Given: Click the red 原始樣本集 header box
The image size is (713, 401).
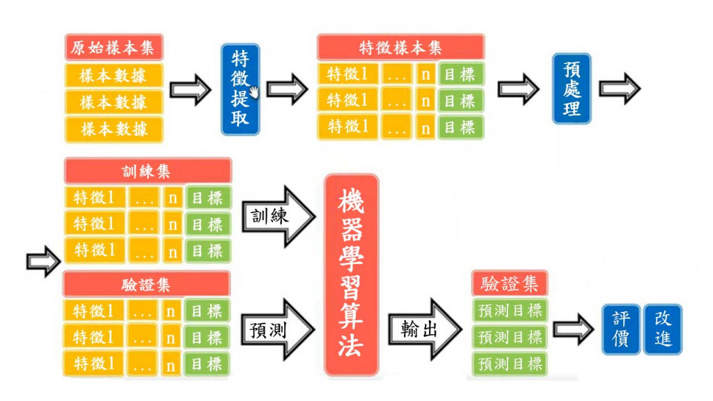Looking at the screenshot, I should coord(114,48).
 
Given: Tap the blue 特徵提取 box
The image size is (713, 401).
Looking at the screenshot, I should coord(240,89).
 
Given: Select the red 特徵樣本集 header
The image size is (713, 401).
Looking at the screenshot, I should coord(400,47).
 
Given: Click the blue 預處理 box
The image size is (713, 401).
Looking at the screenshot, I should coord(572,88).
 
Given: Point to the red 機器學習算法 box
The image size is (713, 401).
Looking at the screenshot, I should coord(351,276).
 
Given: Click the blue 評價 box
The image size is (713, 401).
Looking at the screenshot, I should coord(620,329).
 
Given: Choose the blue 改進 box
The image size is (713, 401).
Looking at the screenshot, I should coord(662,329).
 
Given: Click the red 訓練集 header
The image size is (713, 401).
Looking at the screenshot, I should coord(147,171).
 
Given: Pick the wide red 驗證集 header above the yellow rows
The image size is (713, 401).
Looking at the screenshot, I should coord(147,285).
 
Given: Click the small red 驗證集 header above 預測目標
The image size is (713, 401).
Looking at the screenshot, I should coord(509,283).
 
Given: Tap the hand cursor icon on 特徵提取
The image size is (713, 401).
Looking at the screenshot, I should coord(255,92).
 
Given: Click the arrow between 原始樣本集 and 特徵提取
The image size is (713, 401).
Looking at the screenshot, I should coord(190,89).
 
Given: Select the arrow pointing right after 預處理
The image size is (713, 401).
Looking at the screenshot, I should coord(619,88).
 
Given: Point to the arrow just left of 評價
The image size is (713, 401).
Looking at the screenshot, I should coord(572,329).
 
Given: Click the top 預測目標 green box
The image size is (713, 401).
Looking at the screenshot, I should coord(509,310).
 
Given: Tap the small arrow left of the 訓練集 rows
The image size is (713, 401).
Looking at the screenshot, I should coord(43,261).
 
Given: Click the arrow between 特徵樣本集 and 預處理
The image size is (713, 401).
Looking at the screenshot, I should coord(518,89).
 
